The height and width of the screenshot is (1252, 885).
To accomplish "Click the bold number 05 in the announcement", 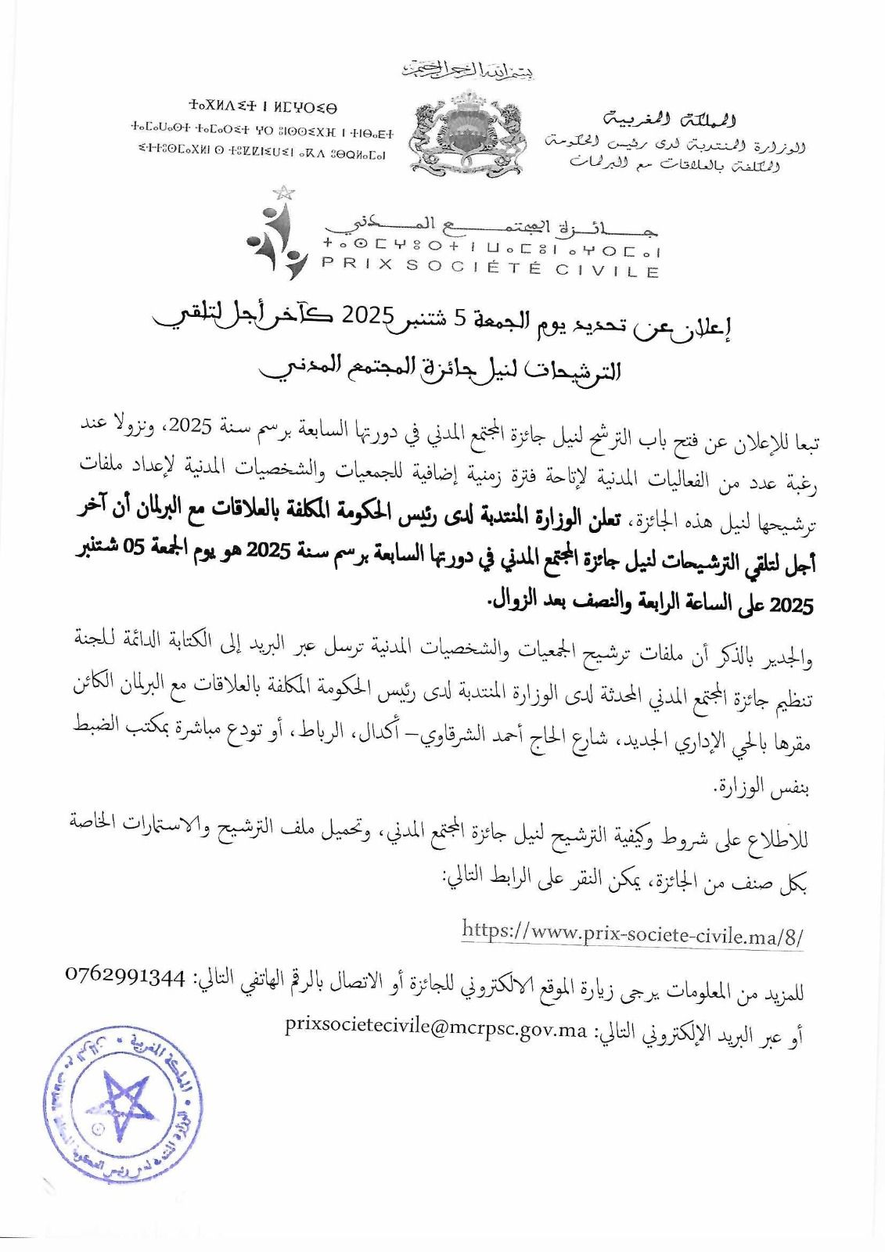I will pos(680,549).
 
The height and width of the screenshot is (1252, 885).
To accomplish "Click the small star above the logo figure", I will pos(282,192).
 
